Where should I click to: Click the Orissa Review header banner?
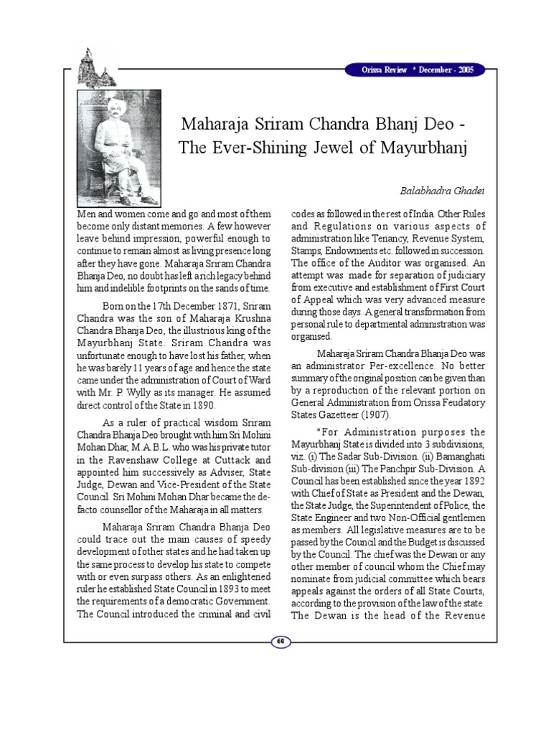pos(415,70)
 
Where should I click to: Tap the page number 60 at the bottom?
pos(281,641)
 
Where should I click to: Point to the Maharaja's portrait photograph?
pos(119,148)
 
